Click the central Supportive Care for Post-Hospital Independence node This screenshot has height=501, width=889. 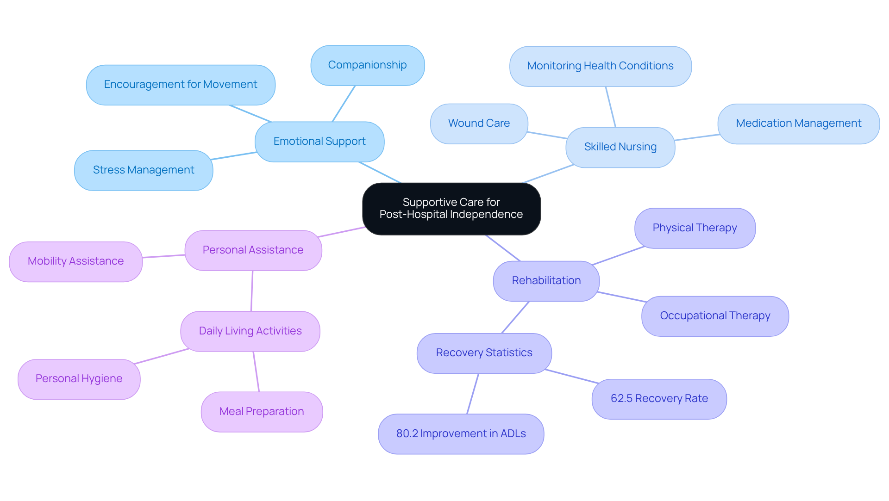tap(451, 209)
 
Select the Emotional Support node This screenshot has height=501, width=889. tap(319, 142)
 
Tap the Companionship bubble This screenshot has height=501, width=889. tap(367, 65)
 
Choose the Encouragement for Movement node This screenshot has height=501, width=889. tap(181, 85)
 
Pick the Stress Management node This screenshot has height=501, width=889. tap(144, 170)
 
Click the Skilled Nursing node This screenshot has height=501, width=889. tap(620, 147)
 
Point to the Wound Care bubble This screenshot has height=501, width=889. tap(479, 124)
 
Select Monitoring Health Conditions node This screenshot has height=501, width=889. tap(600, 66)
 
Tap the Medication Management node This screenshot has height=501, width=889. tap(798, 124)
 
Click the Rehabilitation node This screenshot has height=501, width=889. tap(546, 281)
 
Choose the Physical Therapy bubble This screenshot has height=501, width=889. tap(695, 228)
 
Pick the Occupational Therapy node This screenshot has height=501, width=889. tap(715, 316)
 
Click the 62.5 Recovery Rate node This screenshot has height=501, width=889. tap(659, 399)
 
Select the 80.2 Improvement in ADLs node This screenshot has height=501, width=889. tap(461, 434)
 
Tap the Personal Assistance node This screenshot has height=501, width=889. tap(253, 250)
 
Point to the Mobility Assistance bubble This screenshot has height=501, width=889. tap(75, 261)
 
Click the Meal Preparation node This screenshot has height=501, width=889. tap(262, 412)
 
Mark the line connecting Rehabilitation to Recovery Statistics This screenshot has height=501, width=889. tap(515, 317)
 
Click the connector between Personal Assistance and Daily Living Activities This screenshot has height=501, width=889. tap(252, 291)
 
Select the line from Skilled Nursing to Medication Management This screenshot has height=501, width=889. tap(696, 137)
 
